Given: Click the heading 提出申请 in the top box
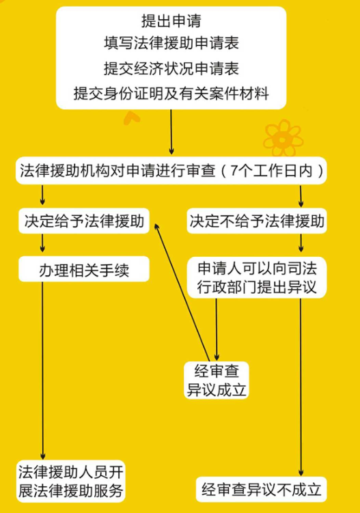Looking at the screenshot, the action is tap(171, 20).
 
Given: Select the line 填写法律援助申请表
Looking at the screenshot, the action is tap(171, 43).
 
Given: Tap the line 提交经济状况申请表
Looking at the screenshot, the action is tap(171, 68).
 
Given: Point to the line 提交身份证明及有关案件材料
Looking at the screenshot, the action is tap(171, 94).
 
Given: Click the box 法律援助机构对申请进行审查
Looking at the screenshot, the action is tap(171, 171).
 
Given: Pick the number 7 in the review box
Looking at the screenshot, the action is tap(234, 171).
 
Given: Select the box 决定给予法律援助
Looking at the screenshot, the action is tap(84, 221).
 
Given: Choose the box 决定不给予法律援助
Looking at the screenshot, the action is tap(257, 221).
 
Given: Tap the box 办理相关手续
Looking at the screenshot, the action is tap(84, 269).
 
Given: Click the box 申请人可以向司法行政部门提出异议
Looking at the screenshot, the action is tap(257, 277).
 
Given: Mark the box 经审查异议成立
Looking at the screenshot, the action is tap(217, 380).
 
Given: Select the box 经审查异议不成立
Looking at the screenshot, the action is tap(262, 490).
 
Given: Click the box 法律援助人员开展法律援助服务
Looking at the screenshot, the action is tap(70, 482).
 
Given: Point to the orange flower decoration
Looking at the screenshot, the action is tap(283, 138).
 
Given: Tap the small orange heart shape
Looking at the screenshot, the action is tap(132, 117).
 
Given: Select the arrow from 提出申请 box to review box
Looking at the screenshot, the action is tap(171, 132).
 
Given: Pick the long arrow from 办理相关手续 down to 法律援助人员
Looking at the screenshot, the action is tap(42, 371).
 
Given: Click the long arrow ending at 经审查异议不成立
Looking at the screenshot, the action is tap(301, 387).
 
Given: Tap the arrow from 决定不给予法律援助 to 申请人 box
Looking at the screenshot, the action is tap(301, 242).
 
